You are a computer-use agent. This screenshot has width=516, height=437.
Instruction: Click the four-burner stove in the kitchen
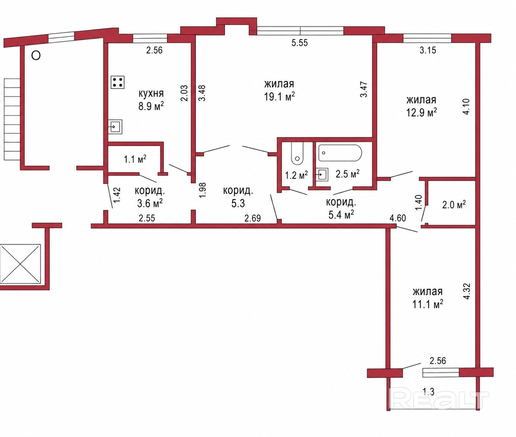pyautogui.click(x=117, y=82)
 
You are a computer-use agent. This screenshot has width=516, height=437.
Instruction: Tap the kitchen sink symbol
pyautogui.click(x=115, y=127)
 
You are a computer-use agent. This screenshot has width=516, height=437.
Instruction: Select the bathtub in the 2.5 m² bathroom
pyautogui.click(x=340, y=153)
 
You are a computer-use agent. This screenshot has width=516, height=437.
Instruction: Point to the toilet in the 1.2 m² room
pyautogui.click(x=297, y=154)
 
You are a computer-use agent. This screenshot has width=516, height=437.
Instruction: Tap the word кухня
pyautogui.click(x=151, y=94)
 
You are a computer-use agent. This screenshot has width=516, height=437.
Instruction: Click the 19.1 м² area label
pyautogui.click(x=279, y=96)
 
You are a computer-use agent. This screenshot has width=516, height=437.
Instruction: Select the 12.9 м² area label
pyautogui.click(x=421, y=113)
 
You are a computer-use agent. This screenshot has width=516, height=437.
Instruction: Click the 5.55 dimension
pyautogui.click(x=300, y=43)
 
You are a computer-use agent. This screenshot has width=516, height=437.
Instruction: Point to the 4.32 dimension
pyautogui.click(x=466, y=291)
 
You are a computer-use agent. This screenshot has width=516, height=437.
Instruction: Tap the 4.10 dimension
pyautogui.click(x=466, y=106)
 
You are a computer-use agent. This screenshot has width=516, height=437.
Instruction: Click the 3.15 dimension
pyautogui.click(x=428, y=50)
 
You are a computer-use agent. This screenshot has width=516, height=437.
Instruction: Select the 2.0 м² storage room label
pyautogui.click(x=454, y=205)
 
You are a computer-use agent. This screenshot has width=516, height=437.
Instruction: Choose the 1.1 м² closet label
pyautogui.click(x=135, y=159)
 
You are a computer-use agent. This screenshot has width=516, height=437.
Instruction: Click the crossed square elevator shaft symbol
pyautogui.click(x=20, y=264)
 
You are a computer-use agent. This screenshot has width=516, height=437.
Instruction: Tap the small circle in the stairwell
pyautogui.click(x=36, y=56)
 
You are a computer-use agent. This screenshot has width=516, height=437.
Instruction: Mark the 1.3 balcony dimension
pyautogui.click(x=428, y=392)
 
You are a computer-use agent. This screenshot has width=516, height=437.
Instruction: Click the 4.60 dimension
pyautogui.click(x=398, y=218)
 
